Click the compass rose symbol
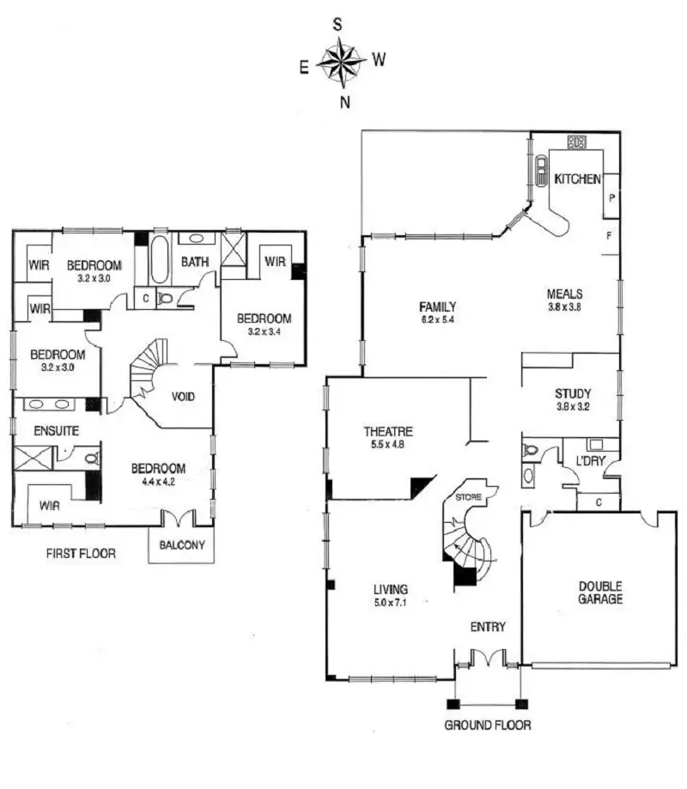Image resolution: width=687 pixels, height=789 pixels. point(343,62)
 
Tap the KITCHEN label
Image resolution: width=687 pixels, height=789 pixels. point(577,179)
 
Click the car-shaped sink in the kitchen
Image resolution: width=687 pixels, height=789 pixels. point(541,171)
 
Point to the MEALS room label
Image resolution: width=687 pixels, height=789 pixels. point(565,293)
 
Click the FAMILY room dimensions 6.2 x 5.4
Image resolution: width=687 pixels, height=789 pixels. point(437,319)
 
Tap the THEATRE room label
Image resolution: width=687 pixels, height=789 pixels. point(389,432)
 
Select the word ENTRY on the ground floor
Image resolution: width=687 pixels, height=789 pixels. point(487,627)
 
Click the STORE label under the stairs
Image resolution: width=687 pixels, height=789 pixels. point(469,498)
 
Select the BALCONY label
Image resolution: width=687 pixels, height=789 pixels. point(181,544)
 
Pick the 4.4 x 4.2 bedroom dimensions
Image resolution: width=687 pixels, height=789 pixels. point(158,482)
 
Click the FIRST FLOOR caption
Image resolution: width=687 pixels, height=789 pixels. point(80,554)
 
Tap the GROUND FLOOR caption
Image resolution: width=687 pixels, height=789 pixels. point(487,725)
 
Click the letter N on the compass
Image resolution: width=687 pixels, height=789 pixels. point(344,101)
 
